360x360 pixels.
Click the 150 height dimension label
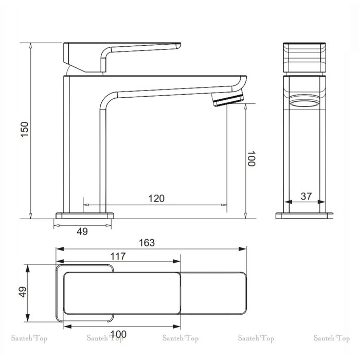click(25, 130)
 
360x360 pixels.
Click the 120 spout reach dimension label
click(156, 199)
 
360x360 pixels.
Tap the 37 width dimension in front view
click(307, 196)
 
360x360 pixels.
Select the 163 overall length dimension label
click(147, 243)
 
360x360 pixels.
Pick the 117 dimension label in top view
click(118, 256)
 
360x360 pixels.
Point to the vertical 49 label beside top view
click(23, 292)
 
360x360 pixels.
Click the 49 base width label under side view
click(82, 231)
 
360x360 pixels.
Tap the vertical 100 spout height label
click(251, 158)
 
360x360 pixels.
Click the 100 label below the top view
click(118, 334)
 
